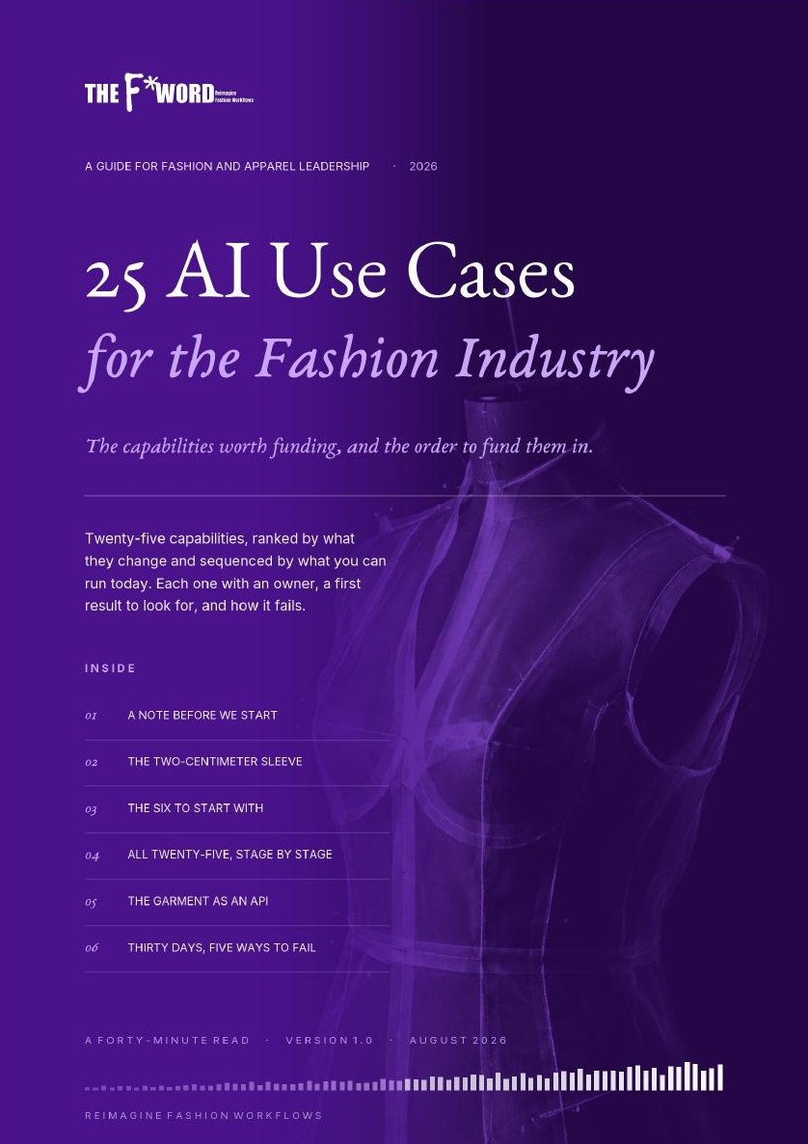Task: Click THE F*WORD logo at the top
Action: (169, 92)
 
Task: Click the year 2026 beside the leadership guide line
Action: (423, 166)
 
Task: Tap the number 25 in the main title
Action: (116, 280)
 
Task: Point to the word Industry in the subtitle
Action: (555, 359)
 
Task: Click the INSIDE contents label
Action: (110, 668)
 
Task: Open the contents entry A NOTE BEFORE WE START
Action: (202, 715)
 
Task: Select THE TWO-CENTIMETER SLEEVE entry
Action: (215, 761)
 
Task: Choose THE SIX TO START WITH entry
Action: (196, 807)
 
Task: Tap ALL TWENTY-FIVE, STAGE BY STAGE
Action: (229, 855)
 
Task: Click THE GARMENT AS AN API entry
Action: (198, 900)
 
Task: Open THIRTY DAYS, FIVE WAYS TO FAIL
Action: (222, 948)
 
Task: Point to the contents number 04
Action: (92, 855)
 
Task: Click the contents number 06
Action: (92, 948)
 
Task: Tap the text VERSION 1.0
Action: (329, 1041)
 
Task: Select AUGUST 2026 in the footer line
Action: (458, 1041)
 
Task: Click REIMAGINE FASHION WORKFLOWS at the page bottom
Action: (203, 1116)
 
